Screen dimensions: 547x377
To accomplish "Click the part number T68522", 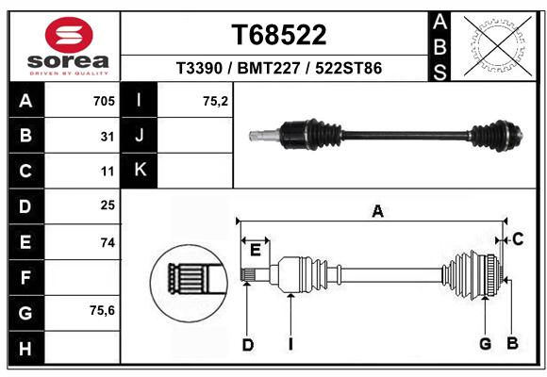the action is pos(279,35).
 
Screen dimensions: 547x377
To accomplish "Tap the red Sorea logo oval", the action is pos(69,35).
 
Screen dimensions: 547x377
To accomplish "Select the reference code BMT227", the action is pos(269,68).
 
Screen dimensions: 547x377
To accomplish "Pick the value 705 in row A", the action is pos(104,101).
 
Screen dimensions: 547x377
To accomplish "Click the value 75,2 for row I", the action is pos(215,101).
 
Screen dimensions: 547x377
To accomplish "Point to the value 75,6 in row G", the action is pos(102,310).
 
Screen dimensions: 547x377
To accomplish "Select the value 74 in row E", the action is pos(108,242).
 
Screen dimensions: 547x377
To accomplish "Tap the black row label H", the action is pos(25,349).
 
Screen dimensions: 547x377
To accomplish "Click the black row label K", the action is pos(140,170).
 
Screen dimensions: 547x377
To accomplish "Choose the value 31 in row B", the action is pos(108,137).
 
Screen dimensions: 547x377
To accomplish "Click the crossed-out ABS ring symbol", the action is pos(498,46).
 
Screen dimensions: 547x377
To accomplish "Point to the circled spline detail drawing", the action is pos(189,283).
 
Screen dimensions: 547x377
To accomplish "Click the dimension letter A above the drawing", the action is pos(377,211).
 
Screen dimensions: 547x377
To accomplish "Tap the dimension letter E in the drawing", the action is pos(256,250).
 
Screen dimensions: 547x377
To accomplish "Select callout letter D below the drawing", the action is pos(248,345).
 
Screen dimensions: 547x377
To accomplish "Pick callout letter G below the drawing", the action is pos(486,344).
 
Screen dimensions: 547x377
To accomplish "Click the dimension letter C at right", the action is pos(518,239).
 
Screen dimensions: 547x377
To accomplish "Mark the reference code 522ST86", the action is pos(349,68).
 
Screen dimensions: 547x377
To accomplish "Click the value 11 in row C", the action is pos(108,172).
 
